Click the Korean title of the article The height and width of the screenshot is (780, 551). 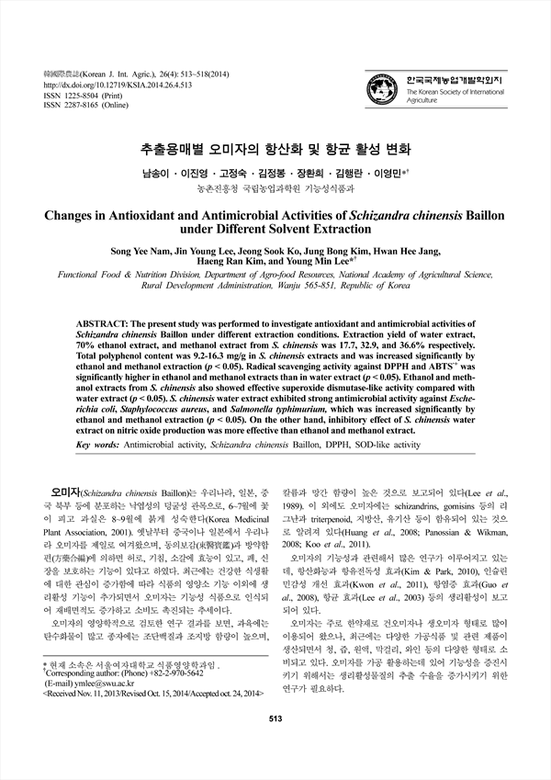[275, 148]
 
